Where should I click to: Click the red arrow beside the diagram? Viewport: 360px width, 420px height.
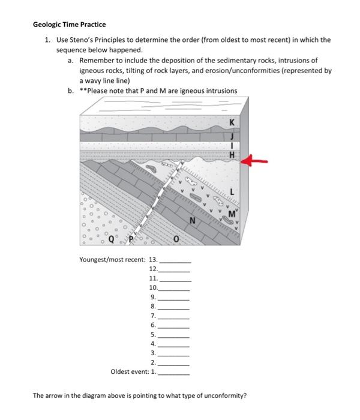click(x=258, y=161)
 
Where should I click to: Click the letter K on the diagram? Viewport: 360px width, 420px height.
click(x=232, y=124)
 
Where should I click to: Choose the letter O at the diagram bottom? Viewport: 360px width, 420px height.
click(x=176, y=241)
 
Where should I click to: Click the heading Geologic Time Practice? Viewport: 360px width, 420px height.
click(x=69, y=25)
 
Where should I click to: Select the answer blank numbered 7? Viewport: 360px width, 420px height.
click(x=174, y=316)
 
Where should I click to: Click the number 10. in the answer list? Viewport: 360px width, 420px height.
click(x=152, y=288)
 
